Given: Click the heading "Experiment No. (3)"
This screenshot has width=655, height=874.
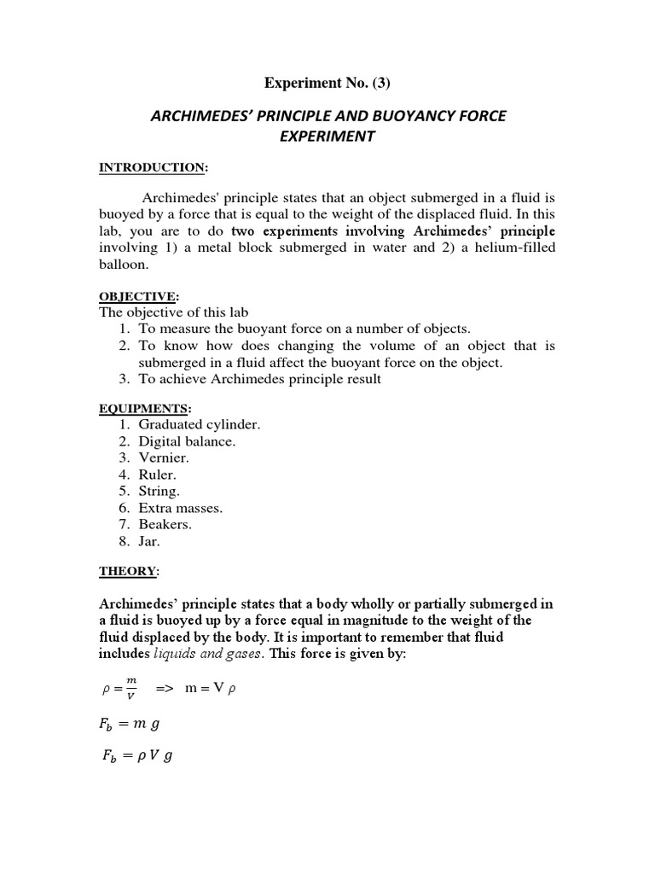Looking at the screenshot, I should click(x=328, y=83).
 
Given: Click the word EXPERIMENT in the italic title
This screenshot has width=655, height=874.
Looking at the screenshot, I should click(x=327, y=137).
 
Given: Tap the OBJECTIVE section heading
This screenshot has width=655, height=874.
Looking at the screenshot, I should click(x=138, y=296).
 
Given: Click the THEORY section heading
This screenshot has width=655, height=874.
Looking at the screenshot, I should click(x=129, y=571).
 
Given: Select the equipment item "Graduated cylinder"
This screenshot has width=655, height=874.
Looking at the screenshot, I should click(x=199, y=424).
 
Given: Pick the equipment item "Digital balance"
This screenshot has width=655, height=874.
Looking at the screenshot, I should click(x=187, y=441).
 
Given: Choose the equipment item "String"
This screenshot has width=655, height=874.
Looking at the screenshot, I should click(x=159, y=492).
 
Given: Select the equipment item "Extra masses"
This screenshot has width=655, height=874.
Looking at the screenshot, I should click(x=180, y=508).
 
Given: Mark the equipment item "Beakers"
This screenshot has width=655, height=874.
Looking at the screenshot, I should click(x=165, y=525).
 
